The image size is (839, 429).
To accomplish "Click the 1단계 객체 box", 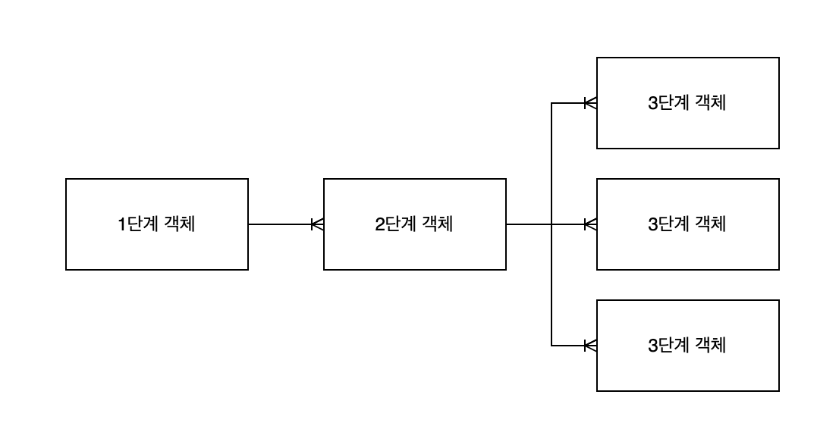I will click(x=157, y=224).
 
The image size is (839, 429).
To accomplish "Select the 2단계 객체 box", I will click(x=415, y=224).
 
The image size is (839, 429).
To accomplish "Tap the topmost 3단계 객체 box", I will click(x=688, y=103).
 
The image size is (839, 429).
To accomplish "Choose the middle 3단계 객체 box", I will click(x=688, y=224).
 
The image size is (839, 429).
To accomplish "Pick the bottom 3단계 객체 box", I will click(x=688, y=346).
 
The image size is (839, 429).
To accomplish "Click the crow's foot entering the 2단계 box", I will click(x=318, y=224).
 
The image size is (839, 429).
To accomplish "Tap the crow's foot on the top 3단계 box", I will click(x=590, y=103).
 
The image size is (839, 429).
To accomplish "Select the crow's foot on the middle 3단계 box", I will click(x=590, y=224).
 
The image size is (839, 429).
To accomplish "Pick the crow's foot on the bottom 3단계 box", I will click(x=590, y=346).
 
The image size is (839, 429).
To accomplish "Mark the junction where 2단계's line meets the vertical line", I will click(x=551, y=224).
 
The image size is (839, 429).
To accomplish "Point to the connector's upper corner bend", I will click(x=551, y=103).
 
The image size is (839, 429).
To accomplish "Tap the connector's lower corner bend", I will click(x=551, y=346).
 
